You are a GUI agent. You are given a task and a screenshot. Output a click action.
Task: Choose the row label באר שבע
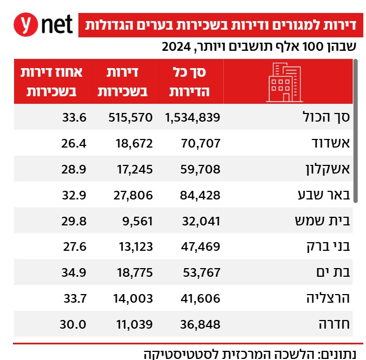tap(323, 195)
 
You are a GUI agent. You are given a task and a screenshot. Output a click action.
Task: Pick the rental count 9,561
tap(137, 221)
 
